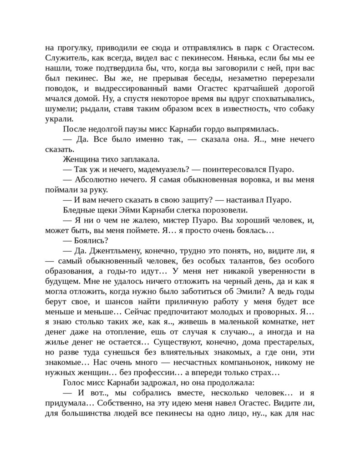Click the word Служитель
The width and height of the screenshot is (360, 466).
click(x=66, y=58)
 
